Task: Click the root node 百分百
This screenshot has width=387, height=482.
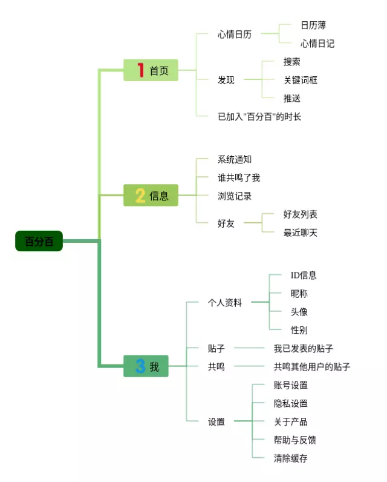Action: (39, 241)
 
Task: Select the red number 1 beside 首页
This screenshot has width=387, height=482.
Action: (140, 70)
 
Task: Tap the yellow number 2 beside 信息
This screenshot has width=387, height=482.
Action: (140, 195)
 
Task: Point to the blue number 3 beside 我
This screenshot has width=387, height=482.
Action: (140, 366)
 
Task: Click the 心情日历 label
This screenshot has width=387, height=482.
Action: (235, 34)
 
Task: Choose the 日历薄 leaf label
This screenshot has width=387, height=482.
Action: (313, 25)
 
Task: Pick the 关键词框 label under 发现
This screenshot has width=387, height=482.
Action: (300, 80)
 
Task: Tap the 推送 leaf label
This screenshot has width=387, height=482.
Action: (291, 98)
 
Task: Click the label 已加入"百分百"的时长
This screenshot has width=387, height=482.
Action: (259, 116)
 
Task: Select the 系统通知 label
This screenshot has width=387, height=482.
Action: (235, 159)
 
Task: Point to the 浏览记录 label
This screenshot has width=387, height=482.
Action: (235, 196)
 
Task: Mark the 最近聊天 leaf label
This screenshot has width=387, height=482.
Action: (300, 233)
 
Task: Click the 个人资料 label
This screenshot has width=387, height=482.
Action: (225, 303)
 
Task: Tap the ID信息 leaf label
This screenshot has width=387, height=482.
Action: (303, 275)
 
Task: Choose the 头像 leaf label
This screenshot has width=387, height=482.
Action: (299, 312)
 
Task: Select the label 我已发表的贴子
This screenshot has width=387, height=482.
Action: (303, 348)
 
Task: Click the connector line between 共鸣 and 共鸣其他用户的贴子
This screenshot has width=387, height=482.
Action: (249, 366)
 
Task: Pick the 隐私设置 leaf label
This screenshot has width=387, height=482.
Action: (290, 403)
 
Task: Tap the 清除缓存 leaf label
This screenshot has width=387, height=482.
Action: (290, 458)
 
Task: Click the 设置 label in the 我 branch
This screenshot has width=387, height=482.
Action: (216, 421)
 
